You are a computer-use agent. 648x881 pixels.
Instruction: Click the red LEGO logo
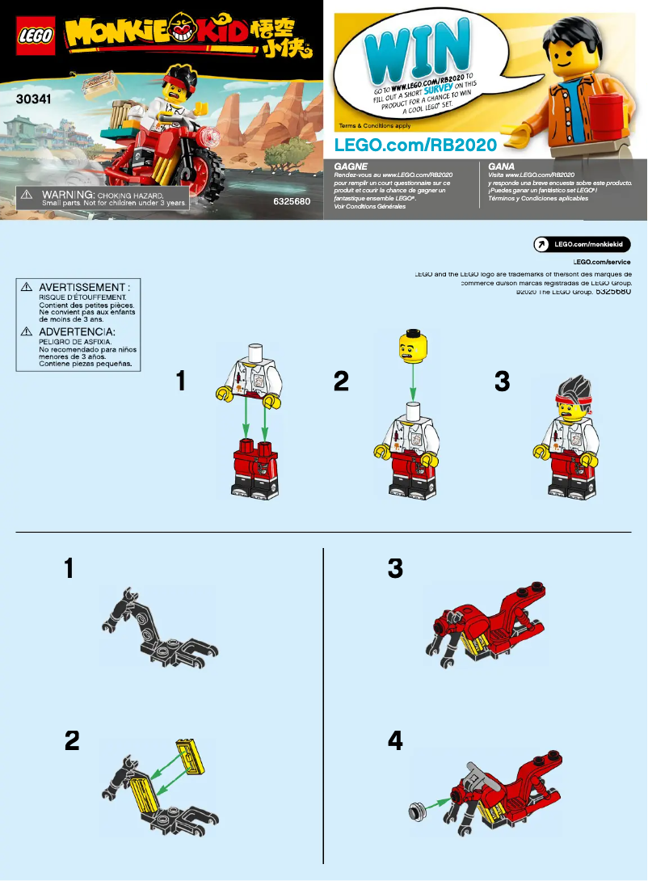coord(35,36)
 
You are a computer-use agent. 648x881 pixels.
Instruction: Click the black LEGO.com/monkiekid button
coord(582,245)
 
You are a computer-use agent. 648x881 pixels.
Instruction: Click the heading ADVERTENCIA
coord(77,332)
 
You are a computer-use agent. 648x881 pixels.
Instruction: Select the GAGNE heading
coord(351,165)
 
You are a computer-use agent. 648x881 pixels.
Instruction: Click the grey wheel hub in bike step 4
coord(419,807)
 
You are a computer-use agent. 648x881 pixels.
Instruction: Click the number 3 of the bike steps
coord(395,569)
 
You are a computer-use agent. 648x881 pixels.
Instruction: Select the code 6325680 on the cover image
coord(292,200)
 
